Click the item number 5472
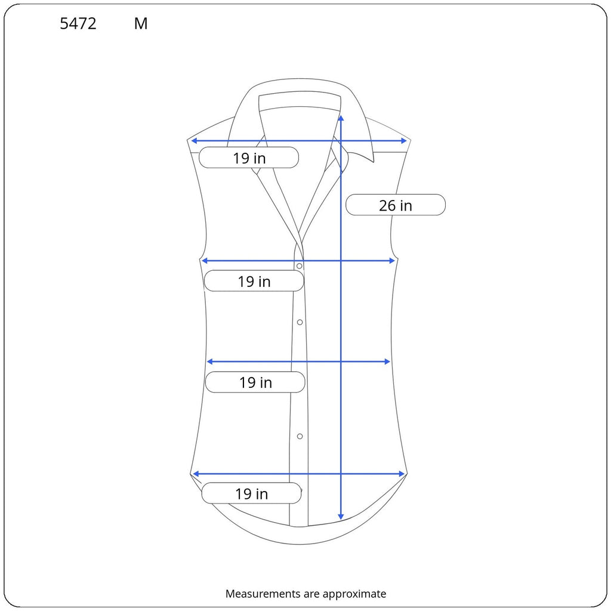tap(78, 24)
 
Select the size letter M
tap(141, 24)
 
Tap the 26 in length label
tap(396, 205)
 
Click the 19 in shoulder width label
tap(249, 158)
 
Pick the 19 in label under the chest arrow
tap(254, 282)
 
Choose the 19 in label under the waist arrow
tap(255, 382)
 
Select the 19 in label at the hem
tap(251, 493)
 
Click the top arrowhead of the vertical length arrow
tap(341, 118)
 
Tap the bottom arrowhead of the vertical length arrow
tap(341, 517)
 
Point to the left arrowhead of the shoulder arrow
tap(193, 141)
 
